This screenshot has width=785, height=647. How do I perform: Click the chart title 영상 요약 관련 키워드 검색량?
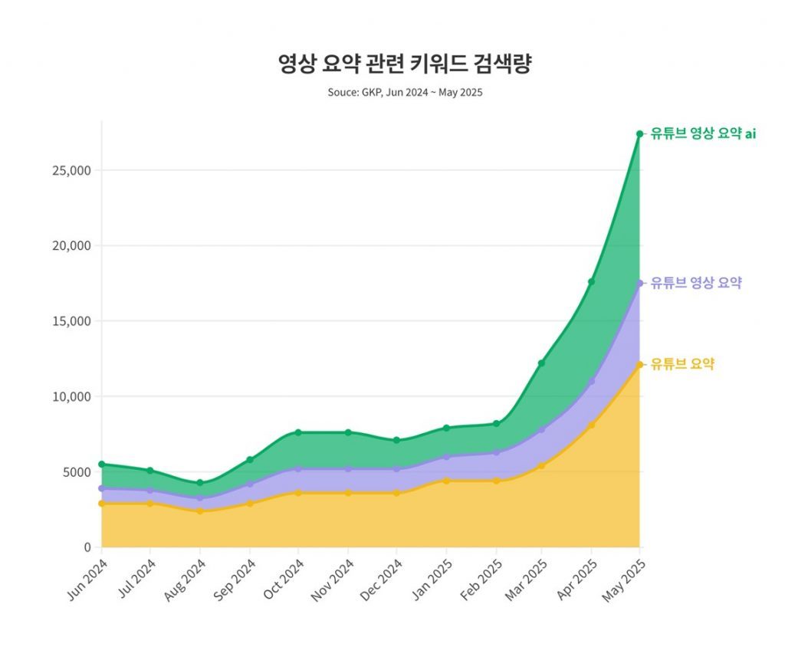[x=404, y=64]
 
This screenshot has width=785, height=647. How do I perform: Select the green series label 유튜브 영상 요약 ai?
[x=703, y=133]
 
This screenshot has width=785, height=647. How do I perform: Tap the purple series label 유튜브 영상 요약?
[x=695, y=283]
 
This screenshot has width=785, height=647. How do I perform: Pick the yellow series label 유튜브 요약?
[x=682, y=364]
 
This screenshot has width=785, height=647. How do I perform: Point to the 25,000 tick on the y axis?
[x=71, y=170]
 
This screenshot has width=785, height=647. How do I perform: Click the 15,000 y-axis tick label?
[x=71, y=321]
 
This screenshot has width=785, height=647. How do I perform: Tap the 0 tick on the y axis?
[x=87, y=547]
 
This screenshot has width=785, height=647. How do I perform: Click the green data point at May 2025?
[x=639, y=134]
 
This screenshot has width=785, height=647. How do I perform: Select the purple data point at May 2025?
[x=639, y=284]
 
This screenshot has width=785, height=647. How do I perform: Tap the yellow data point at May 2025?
[x=639, y=365]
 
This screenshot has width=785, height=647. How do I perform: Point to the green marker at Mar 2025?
[x=541, y=363]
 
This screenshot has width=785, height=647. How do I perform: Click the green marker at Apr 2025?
[x=591, y=282]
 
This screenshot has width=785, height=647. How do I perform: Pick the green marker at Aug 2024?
[x=199, y=483]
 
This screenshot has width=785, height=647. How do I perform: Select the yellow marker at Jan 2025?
[x=446, y=481]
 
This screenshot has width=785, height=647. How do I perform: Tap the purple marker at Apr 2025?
[x=591, y=381]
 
